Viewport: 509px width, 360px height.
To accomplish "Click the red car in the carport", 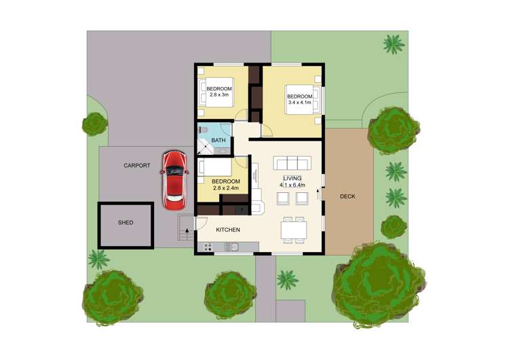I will [x=174, y=180].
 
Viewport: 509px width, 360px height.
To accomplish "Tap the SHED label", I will [x=126, y=223].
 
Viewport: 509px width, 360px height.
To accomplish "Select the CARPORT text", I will [x=136, y=165].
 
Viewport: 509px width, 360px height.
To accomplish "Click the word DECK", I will [x=347, y=197].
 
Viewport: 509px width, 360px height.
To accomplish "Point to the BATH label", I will [x=218, y=141].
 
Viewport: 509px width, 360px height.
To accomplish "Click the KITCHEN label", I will [x=228, y=230].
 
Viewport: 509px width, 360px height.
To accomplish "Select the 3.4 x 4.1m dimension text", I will [x=300, y=103].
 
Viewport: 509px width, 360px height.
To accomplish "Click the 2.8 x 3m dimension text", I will [x=219, y=96].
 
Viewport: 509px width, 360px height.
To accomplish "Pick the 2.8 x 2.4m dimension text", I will [x=225, y=188].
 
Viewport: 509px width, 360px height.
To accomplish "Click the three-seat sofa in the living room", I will [x=293, y=164].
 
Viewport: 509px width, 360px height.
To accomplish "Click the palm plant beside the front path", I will [x=287, y=279].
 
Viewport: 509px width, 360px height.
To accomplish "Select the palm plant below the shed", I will [x=99, y=259].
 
